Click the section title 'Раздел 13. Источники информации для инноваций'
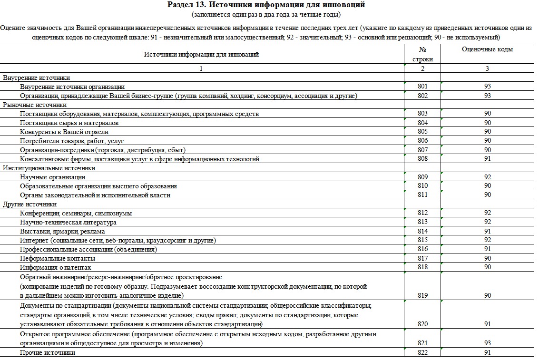[x=266, y=5]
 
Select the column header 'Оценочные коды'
[x=487, y=49]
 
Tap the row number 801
[x=422, y=87]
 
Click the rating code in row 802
[x=487, y=96]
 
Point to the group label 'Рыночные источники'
[x=35, y=105]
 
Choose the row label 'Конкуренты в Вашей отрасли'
[x=64, y=132]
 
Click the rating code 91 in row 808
[x=487, y=159]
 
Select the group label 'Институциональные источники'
[x=49, y=168]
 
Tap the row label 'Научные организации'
[x=53, y=177]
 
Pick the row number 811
[x=422, y=195]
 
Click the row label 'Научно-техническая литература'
[x=68, y=222]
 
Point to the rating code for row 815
[x=487, y=240]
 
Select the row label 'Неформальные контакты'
[x=58, y=258]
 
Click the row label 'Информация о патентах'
[x=56, y=267]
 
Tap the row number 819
[x=422, y=295]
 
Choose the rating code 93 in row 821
[x=487, y=343]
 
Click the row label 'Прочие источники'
[x=48, y=352]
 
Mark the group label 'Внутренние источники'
[x=37, y=78]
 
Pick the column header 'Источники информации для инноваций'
[x=201, y=54]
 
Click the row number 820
[x=422, y=324]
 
